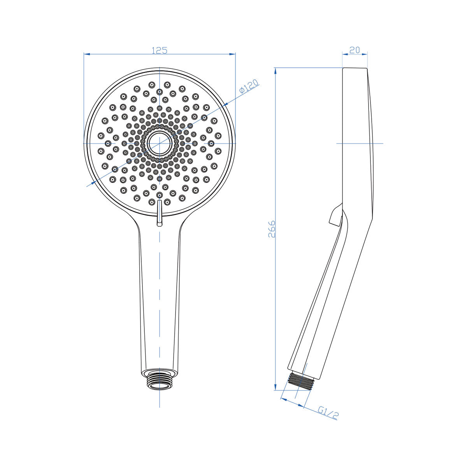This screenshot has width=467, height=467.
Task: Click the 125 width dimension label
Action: [x=160, y=50]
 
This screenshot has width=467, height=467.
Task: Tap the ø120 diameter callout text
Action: [x=249, y=86]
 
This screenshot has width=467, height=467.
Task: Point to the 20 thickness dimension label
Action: [x=355, y=50]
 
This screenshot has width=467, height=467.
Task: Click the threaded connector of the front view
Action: [x=160, y=380]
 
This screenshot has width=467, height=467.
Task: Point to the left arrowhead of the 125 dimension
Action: [x=87, y=54]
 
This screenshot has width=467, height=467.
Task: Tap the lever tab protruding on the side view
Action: [x=335, y=215]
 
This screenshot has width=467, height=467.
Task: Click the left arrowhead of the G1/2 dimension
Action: [x=283, y=400]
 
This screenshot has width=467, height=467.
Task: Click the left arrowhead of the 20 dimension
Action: [x=344, y=54]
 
